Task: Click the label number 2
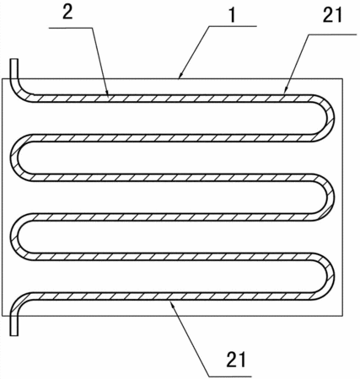[x=67, y=12]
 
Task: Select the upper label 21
[x=332, y=14]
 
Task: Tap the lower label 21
[x=236, y=360]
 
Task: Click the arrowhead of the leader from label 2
[x=107, y=92]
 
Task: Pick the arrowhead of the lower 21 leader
[x=172, y=304]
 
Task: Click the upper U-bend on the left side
[x=14, y=157]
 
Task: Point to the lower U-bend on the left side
[x=14, y=237]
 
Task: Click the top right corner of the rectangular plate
[x=342, y=78]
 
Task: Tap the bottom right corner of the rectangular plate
[x=342, y=316]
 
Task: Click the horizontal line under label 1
[x=232, y=26]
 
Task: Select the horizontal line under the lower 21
[x=229, y=376]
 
